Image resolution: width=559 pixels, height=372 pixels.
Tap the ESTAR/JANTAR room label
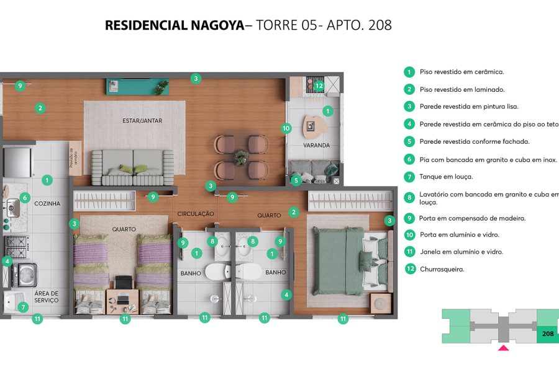point(142,121)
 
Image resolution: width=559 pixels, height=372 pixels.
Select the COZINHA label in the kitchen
point(47,203)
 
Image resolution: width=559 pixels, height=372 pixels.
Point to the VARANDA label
point(317,146)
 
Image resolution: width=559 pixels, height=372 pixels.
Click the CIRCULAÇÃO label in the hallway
point(196,214)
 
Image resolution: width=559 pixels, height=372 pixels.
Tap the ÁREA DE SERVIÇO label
point(47,297)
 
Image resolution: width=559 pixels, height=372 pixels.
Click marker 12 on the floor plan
point(319,86)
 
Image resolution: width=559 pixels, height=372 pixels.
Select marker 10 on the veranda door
point(286,129)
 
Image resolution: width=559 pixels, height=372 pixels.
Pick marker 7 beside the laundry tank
point(24,307)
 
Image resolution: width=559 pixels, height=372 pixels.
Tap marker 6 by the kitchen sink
point(25,198)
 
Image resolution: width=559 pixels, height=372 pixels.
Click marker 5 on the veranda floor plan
point(296,180)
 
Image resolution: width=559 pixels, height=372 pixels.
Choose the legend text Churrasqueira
point(442,269)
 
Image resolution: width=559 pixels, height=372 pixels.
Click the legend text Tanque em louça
point(446,177)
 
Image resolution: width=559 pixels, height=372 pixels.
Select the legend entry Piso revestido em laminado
point(462,89)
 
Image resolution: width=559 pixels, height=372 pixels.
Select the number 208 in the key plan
point(547,334)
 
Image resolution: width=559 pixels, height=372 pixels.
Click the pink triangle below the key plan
point(503,348)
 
